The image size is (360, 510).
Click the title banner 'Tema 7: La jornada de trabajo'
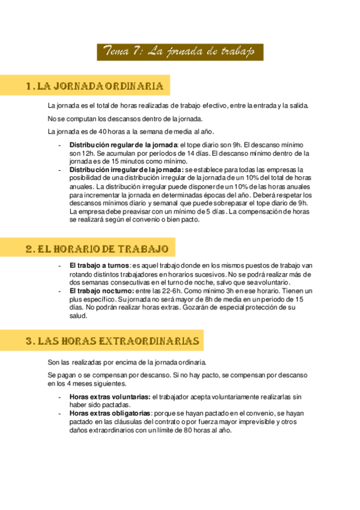pos(180,52)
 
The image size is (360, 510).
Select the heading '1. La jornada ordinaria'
pos(96,86)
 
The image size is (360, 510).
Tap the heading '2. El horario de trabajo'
pos(96,248)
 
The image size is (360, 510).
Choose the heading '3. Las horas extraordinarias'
pos(112,341)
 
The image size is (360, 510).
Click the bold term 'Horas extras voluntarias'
pos(110,398)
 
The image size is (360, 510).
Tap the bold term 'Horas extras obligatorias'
pos(110,414)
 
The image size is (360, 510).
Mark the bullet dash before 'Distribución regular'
pos(59,146)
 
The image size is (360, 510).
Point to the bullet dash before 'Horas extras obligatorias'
pos(59,414)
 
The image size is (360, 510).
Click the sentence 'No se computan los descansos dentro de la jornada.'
pos(125,118)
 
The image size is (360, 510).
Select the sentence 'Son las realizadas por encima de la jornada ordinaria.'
pos(127,362)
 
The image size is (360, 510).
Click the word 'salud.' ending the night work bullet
pos(78,316)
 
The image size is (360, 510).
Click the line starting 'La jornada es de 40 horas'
pos(130,132)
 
